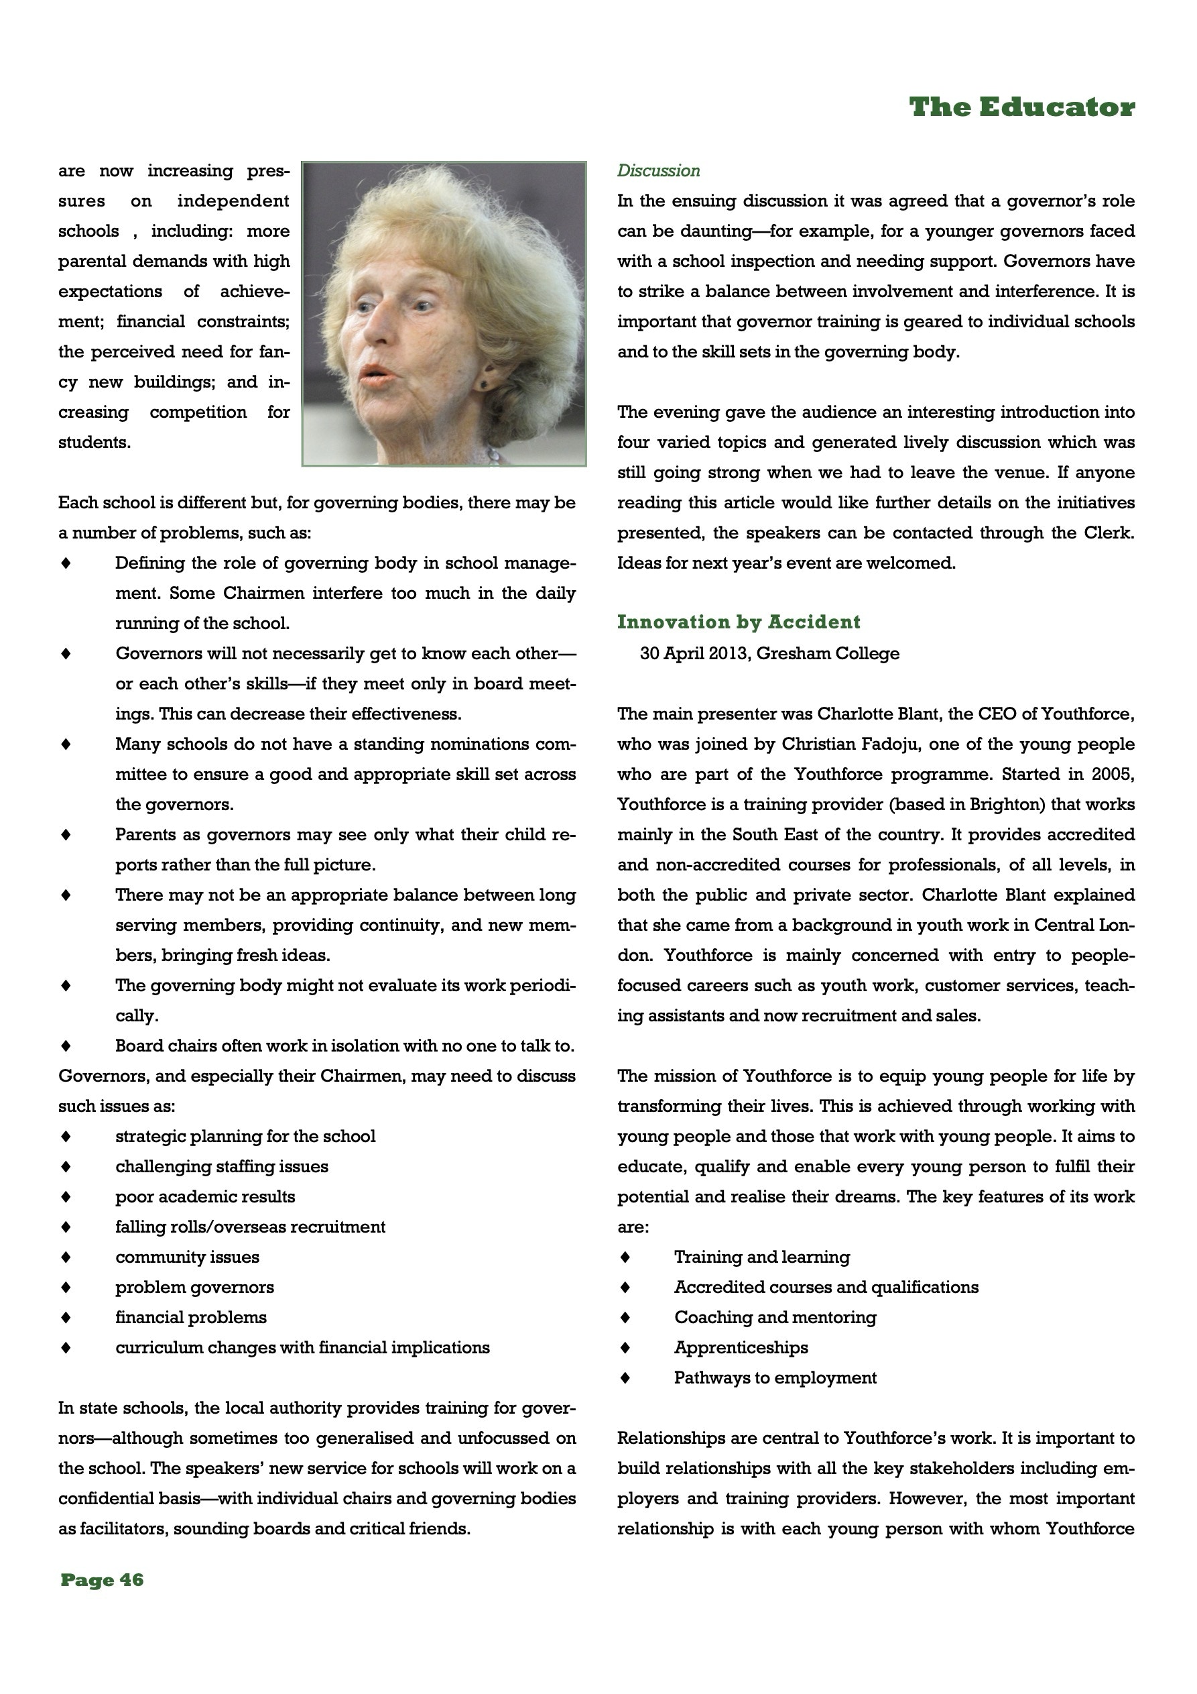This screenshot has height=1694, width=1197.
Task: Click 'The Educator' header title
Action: [1021, 108]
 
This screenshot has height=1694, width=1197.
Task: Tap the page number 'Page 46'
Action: [102, 1579]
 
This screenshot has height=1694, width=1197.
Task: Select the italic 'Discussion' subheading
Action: [658, 170]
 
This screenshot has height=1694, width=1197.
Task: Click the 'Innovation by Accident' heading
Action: [739, 622]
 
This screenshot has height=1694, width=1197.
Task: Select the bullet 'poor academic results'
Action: [205, 1196]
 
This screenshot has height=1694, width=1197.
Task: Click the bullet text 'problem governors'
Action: [195, 1287]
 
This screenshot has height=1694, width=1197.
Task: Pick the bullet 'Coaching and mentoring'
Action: [775, 1317]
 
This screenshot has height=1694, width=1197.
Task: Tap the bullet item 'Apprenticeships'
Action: [741, 1347]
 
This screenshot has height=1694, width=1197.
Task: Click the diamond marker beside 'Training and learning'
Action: [625, 1257]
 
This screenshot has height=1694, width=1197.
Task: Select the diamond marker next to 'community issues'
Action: [66, 1257]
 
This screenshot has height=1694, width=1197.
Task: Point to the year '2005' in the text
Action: [1114, 774]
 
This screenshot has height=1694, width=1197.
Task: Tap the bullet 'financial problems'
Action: [191, 1317]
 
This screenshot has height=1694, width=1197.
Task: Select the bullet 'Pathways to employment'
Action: [775, 1377]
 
